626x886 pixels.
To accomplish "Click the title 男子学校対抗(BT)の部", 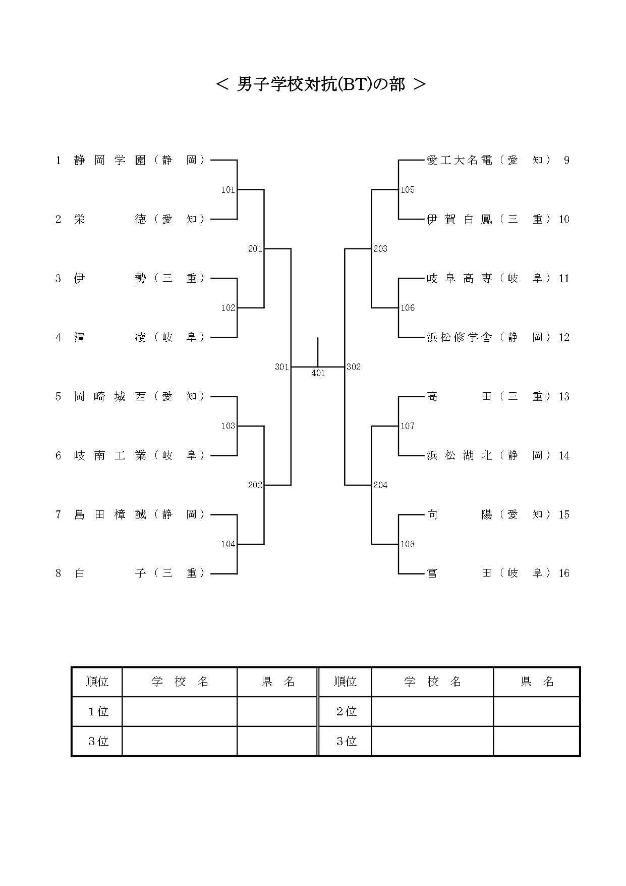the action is [x=321, y=84].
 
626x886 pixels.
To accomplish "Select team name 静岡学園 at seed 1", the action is [x=110, y=161].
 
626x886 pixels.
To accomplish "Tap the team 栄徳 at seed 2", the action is [x=110, y=220].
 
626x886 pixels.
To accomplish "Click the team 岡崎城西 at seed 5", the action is [x=110, y=397].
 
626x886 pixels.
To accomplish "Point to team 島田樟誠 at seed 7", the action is [x=110, y=515].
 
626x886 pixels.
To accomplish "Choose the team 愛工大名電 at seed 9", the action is [x=460, y=161].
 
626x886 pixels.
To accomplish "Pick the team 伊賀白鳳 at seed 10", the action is [x=460, y=220].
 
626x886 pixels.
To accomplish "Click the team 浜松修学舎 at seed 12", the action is [x=460, y=338].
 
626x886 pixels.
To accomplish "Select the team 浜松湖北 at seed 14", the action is [x=460, y=456].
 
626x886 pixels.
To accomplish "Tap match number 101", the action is [x=228, y=190].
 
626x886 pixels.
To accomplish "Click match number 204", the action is [x=380, y=485].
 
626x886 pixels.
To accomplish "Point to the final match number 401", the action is [x=318, y=374].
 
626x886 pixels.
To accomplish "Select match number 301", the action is [x=282, y=367].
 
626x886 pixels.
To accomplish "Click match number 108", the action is [x=408, y=544].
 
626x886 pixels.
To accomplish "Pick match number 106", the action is [x=408, y=308].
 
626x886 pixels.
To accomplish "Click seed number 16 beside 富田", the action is [x=564, y=574].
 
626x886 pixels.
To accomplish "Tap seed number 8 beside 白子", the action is [x=59, y=574].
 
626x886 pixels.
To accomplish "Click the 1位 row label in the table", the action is [x=98, y=712].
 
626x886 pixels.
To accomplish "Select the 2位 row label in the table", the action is [x=346, y=712].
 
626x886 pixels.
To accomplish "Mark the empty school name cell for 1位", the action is [x=180, y=712].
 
